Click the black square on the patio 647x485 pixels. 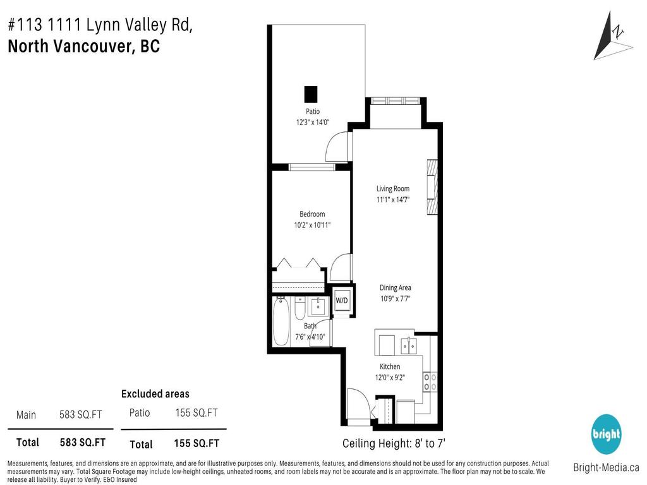click(310, 93)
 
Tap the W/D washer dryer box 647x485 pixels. click(342, 300)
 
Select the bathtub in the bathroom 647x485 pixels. click(281, 320)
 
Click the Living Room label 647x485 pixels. click(392, 188)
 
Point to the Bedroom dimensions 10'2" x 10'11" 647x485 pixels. click(312, 225)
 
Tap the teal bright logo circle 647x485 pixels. click(607, 434)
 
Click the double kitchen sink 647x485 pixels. click(409, 345)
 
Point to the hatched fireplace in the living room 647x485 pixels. click(431, 188)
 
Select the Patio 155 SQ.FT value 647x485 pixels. click(196, 413)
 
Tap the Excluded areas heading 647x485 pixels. click(155, 394)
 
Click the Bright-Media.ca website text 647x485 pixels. click(605, 468)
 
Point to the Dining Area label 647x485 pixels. click(396, 287)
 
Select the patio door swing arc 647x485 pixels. click(338, 146)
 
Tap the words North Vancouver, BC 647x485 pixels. click(83, 46)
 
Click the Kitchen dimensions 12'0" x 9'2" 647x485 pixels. click(390, 377)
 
